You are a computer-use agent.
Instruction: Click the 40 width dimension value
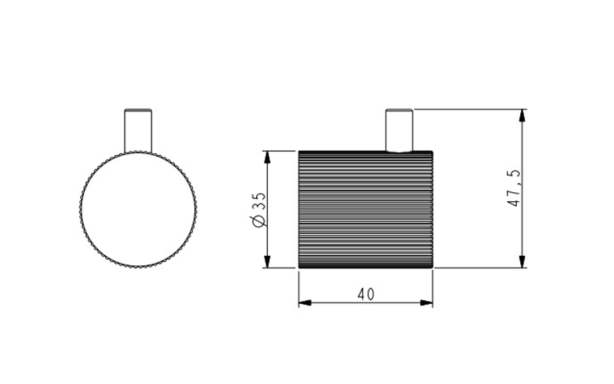(x=366, y=294)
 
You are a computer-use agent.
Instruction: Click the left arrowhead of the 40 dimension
(x=305, y=303)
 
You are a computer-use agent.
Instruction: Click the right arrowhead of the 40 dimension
(x=426, y=303)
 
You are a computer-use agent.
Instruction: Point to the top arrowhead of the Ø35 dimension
(x=267, y=157)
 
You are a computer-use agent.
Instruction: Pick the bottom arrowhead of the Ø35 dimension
(x=267, y=261)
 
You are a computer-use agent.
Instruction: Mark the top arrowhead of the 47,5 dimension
(x=521, y=116)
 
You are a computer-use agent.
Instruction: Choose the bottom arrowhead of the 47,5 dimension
(x=521, y=261)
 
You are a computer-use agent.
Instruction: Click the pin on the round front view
(x=138, y=130)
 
